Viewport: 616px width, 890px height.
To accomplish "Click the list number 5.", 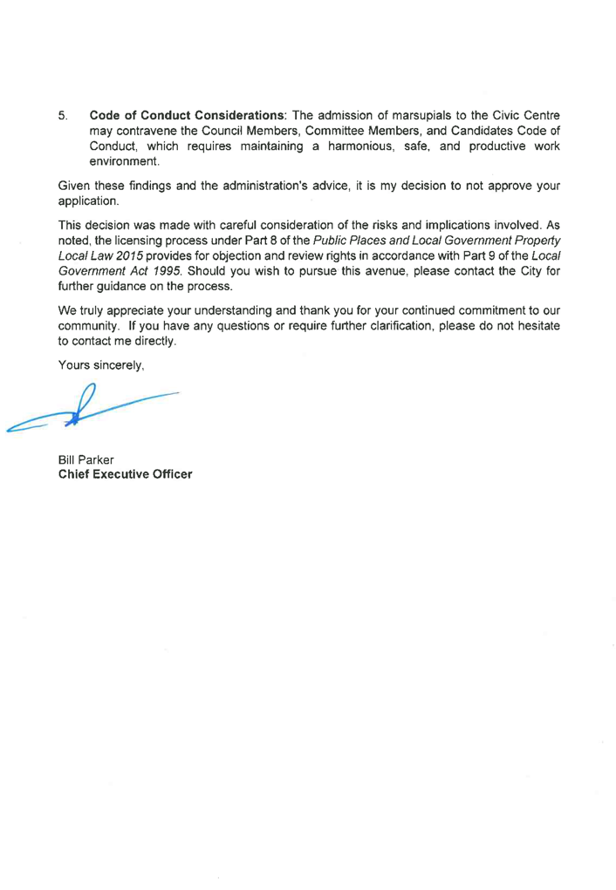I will point(62,115).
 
